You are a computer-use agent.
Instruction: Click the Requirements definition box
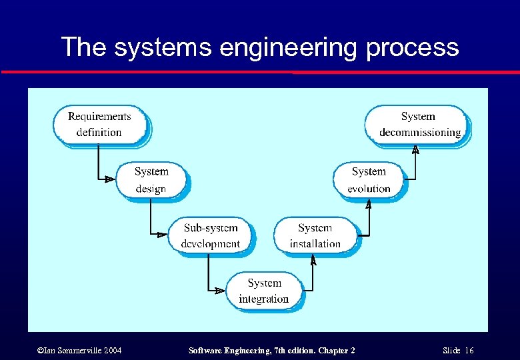click(99, 124)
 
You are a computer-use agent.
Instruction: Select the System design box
click(151, 180)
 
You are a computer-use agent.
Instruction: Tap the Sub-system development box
click(211, 235)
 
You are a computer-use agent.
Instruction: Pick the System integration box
click(264, 291)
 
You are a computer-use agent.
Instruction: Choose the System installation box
click(315, 235)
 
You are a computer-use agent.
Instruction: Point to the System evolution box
click(369, 180)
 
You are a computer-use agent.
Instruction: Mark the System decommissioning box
click(418, 124)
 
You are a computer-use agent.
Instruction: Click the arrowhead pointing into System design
click(109, 179)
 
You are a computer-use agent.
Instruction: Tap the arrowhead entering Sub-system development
click(161, 235)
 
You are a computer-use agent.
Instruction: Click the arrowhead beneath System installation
click(313, 260)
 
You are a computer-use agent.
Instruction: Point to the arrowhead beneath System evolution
click(369, 205)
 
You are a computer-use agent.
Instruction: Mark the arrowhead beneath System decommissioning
click(415, 149)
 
